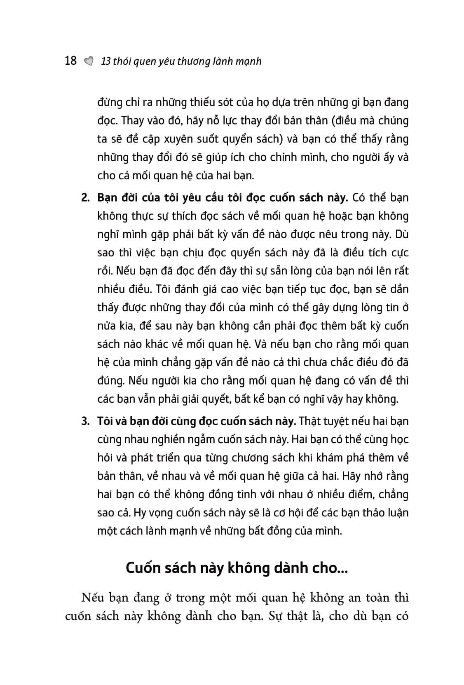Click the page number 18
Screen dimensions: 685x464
click(71, 61)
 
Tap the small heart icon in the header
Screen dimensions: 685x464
click(88, 61)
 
